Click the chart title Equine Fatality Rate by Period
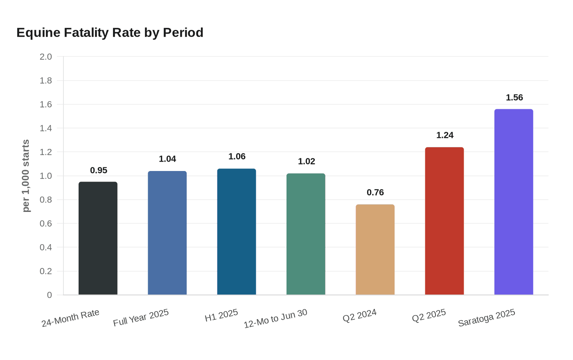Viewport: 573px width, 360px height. [x=110, y=32]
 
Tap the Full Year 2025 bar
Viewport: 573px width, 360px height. [x=167, y=233]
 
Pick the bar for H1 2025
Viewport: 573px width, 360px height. [x=237, y=232]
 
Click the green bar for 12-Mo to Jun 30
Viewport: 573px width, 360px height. [x=306, y=234]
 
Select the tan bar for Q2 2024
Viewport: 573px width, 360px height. [x=375, y=250]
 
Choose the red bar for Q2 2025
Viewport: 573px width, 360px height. [x=444, y=221]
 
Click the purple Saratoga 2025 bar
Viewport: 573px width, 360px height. [x=514, y=202]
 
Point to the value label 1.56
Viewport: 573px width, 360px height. [x=514, y=97]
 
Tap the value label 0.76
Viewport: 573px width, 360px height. [x=375, y=192]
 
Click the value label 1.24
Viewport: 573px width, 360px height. [x=444, y=135]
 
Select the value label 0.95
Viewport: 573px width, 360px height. [x=98, y=170]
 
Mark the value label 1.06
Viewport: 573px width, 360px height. [x=237, y=156]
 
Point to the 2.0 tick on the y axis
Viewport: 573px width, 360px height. [x=46, y=56]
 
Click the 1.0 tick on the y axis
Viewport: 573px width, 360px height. [x=46, y=176]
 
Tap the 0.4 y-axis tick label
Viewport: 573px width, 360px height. [x=46, y=248]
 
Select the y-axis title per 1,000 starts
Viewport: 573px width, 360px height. [x=26, y=176]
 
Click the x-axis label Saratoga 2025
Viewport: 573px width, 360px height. [x=486, y=318]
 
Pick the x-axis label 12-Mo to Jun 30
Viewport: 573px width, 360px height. [x=275, y=319]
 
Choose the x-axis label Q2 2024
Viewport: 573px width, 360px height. [x=359, y=315]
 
